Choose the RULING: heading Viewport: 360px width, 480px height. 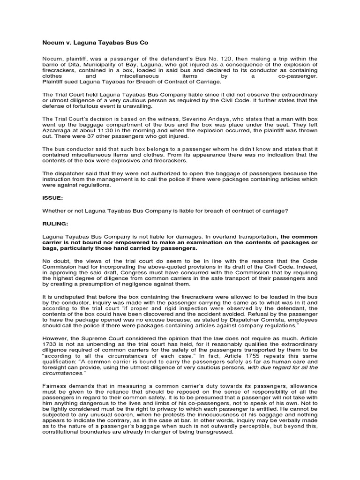55,224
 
